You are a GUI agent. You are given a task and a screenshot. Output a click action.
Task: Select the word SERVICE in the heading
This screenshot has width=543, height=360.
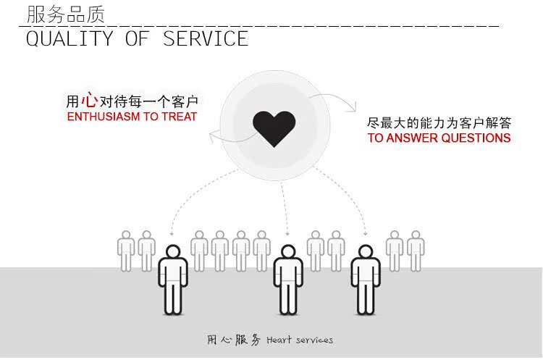pos(206,38)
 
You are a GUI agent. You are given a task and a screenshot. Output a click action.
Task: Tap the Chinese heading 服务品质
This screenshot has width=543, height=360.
pos(66,14)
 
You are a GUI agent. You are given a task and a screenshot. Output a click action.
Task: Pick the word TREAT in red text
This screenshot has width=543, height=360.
pos(180,117)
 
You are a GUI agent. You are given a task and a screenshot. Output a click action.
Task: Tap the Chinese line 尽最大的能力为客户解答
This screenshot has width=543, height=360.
pos(439,122)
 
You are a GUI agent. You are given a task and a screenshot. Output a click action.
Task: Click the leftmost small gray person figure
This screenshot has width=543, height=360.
pos(127,251)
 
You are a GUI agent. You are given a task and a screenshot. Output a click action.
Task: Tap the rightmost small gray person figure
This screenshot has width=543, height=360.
pos(415,251)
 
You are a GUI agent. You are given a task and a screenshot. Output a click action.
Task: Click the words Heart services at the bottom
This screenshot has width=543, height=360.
pos(300,340)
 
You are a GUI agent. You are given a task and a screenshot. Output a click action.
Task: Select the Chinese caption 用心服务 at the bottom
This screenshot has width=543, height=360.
pos(234,340)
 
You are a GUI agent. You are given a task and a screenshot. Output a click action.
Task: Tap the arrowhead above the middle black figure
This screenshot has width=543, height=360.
pos(288,234)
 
